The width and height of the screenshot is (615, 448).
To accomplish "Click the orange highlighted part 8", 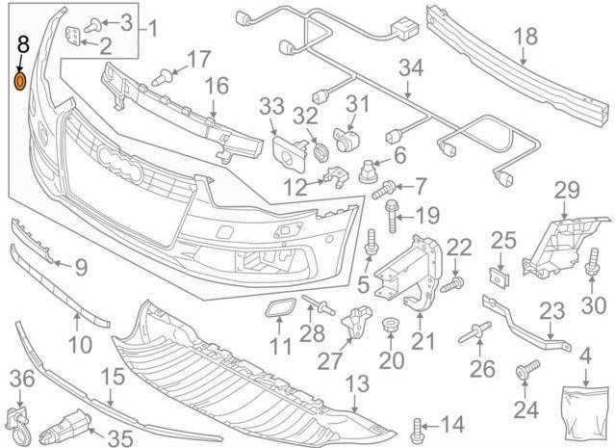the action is point(19,81).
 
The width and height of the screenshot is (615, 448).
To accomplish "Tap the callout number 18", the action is point(525,37).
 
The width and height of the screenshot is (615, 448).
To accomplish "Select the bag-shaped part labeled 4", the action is point(584,416).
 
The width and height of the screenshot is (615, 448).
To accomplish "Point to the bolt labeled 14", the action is point(418,432).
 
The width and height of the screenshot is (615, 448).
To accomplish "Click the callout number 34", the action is point(411,68).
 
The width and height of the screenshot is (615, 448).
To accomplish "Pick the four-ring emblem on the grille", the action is point(119,164).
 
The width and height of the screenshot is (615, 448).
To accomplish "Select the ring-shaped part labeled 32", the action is point(320,152).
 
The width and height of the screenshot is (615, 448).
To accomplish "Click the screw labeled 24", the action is point(527,370).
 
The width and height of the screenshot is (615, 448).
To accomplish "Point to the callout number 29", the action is point(567,190).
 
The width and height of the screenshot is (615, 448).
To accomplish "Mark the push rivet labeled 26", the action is point(475,333).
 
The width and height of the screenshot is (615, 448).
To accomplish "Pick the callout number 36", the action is point(22,379).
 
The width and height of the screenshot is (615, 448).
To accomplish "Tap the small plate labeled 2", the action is point(74,36).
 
